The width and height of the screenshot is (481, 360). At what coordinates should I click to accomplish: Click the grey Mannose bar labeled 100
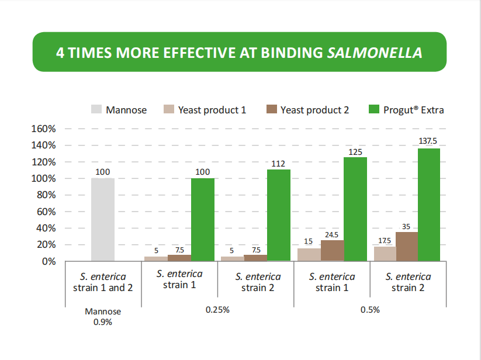pyautogui.click(x=103, y=219)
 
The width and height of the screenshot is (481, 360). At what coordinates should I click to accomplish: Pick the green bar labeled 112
pyautogui.click(x=278, y=215)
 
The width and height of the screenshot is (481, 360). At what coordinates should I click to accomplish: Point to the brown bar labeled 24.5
pyautogui.click(x=332, y=250)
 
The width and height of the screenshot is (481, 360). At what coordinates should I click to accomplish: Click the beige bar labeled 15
pyautogui.click(x=309, y=254)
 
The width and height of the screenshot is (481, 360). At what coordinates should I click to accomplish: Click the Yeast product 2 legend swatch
pyautogui.click(x=271, y=110)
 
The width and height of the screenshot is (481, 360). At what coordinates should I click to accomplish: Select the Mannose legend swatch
pyautogui.click(x=96, y=110)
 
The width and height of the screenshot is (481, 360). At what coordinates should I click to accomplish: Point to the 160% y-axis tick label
pyautogui.click(x=44, y=129)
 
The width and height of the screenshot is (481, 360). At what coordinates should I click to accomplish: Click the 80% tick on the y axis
pyautogui.click(x=46, y=195)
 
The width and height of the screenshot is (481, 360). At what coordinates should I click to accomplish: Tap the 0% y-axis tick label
pyautogui.click(x=49, y=261)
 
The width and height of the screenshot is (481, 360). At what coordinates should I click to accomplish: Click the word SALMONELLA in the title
pyautogui.click(x=375, y=53)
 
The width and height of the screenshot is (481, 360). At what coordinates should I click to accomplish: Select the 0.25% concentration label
pyautogui.click(x=217, y=310)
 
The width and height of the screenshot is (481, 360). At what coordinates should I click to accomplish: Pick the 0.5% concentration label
pyautogui.click(x=369, y=310)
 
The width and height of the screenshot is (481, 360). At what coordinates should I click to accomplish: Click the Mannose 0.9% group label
pyautogui.click(x=102, y=316)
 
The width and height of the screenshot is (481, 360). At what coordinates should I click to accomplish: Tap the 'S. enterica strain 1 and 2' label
pyautogui.click(x=102, y=282)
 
